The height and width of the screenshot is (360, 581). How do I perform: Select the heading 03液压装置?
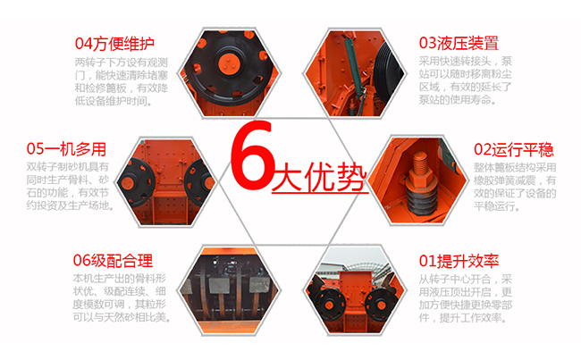(459, 43)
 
